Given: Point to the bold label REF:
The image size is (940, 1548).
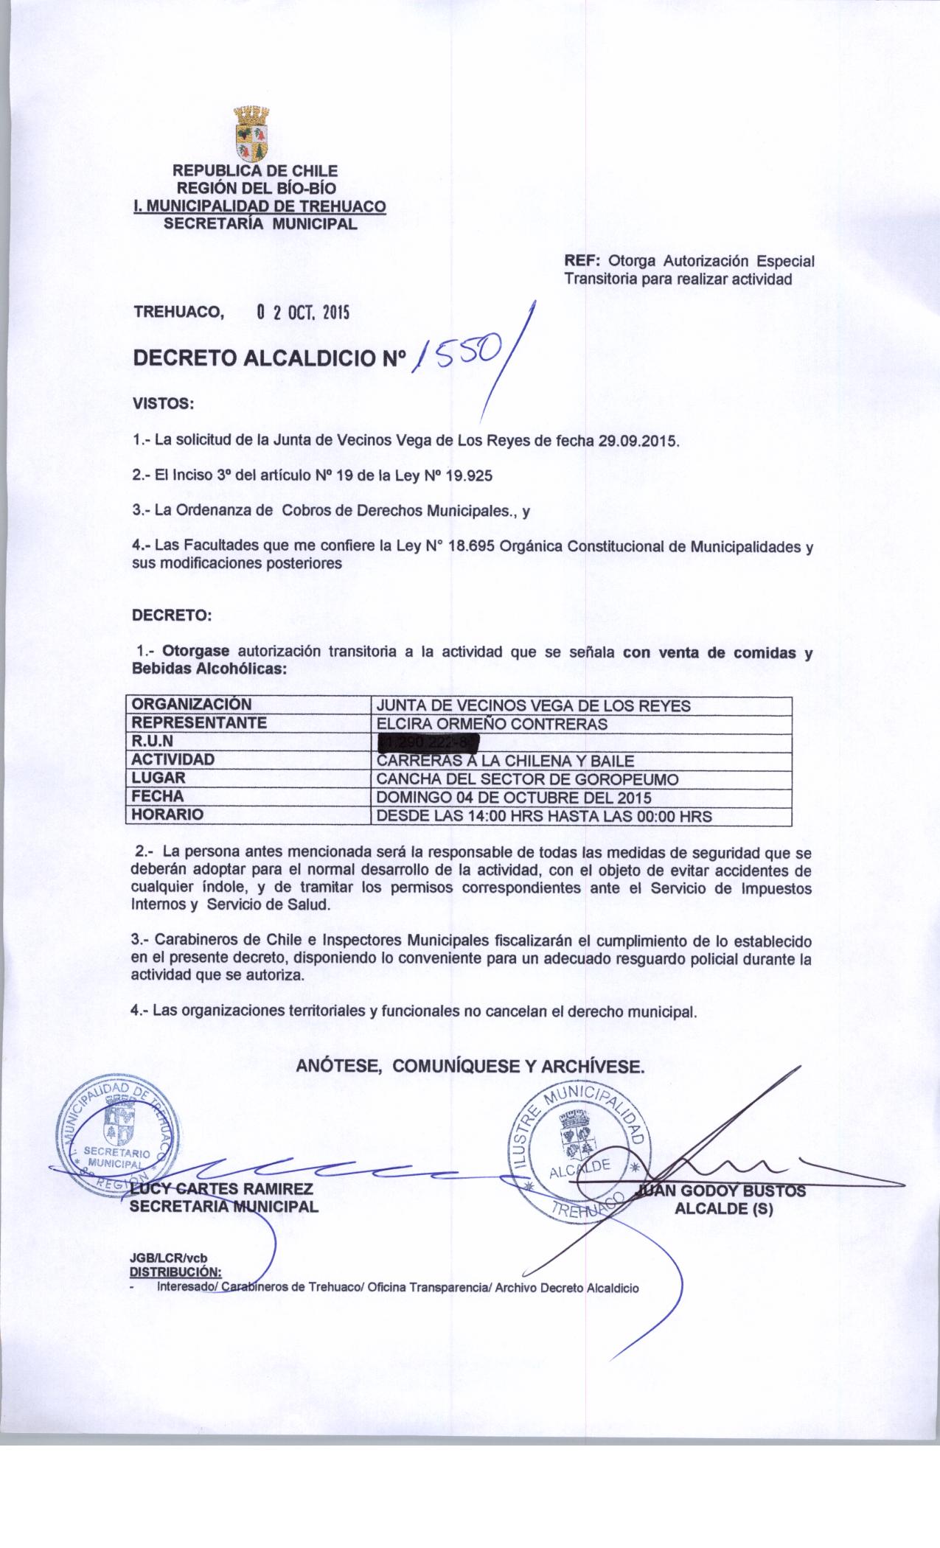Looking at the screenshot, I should point(583,261).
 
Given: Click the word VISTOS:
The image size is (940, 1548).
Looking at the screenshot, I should point(162,404).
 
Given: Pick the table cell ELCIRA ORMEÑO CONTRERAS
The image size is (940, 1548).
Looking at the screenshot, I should point(492,723).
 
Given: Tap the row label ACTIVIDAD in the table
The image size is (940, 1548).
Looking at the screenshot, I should point(173,759).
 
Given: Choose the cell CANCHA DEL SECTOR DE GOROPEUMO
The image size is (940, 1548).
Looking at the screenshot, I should point(528,778).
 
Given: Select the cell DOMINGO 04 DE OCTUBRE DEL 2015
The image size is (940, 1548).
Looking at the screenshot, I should point(514,797).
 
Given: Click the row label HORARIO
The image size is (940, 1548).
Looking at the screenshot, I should point(167,815).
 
